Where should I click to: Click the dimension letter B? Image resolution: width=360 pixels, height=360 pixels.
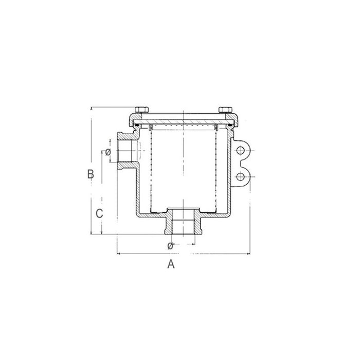coord(91,174)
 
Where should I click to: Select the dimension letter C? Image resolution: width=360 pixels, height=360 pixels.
coord(101,212)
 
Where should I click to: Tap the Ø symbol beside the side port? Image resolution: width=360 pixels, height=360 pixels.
coord(108,152)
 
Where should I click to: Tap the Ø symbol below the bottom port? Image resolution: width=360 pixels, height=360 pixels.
coord(170,245)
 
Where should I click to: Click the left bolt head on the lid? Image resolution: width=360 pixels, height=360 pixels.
coord(141,110)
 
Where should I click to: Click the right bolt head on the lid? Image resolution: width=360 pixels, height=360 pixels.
coord(225,110)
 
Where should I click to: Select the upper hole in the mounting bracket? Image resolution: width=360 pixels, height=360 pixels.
coord(240,150)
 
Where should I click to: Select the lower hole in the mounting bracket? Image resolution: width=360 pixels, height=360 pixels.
coord(240,177)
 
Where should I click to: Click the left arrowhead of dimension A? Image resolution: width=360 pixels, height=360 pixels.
coord(119,254)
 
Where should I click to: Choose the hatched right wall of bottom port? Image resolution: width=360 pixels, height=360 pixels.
coord(199,221)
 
